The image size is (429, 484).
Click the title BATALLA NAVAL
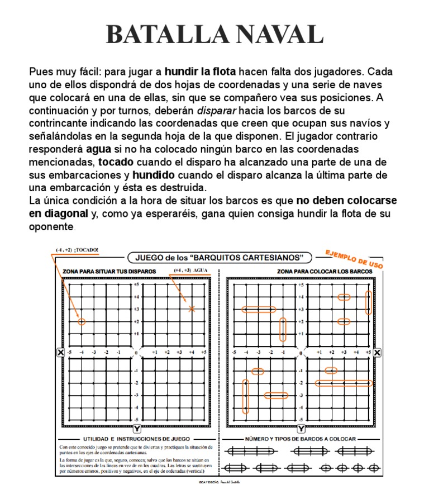click(x=214, y=34)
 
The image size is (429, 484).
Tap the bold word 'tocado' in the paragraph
click(x=116, y=162)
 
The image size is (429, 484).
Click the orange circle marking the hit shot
click(x=82, y=321)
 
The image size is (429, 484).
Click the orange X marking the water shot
click(x=192, y=309)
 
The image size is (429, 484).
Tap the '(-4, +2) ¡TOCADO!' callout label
click(x=77, y=250)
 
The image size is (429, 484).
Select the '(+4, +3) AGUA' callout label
click(x=190, y=270)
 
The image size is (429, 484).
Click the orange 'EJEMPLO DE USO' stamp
click(x=354, y=259)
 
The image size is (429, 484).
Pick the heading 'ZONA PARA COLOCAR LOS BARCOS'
click(x=325, y=272)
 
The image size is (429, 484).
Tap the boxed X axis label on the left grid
click(x=60, y=352)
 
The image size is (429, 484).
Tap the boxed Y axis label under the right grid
click(x=301, y=429)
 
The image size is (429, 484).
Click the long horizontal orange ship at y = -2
click(x=344, y=383)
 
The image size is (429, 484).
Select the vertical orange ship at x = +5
click(x=368, y=302)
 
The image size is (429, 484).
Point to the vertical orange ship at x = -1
click(x=283, y=329)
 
